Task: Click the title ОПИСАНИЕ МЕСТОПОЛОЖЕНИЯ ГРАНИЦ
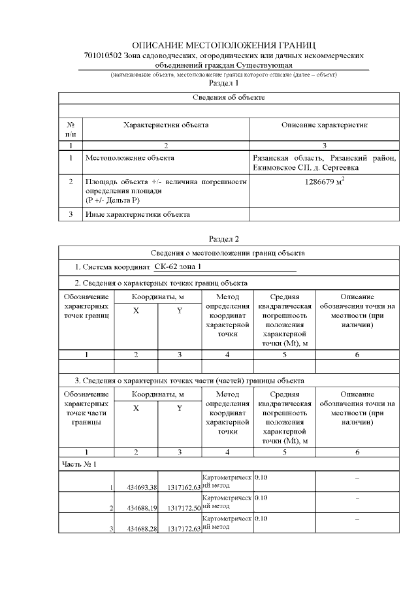click(x=223, y=45)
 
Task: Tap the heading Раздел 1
click(x=223, y=84)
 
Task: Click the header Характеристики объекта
click(x=167, y=124)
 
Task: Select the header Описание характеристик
click(x=325, y=124)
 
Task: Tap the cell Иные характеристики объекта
click(x=137, y=214)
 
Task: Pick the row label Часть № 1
click(x=79, y=464)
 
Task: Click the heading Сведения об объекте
click(x=229, y=97)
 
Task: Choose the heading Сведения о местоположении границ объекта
click(x=229, y=253)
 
